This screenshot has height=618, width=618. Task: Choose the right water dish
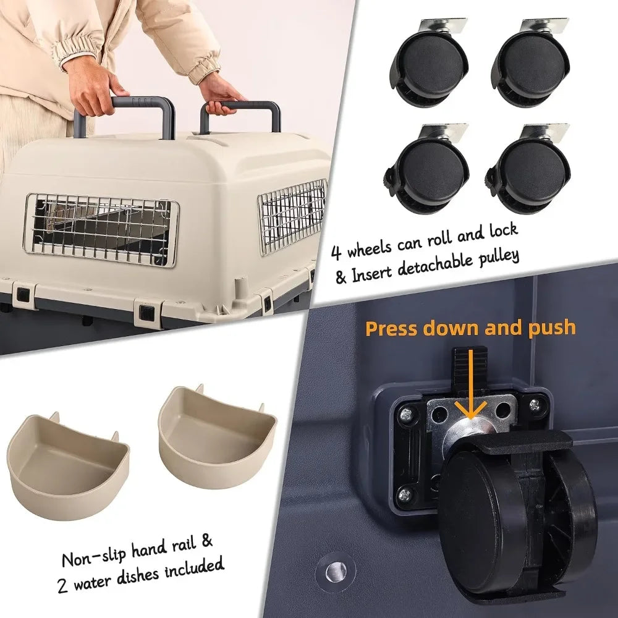[x=216, y=433]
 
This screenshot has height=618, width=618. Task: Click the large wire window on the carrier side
[x=101, y=229]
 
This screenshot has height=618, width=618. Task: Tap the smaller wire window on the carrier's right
[x=292, y=216]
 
